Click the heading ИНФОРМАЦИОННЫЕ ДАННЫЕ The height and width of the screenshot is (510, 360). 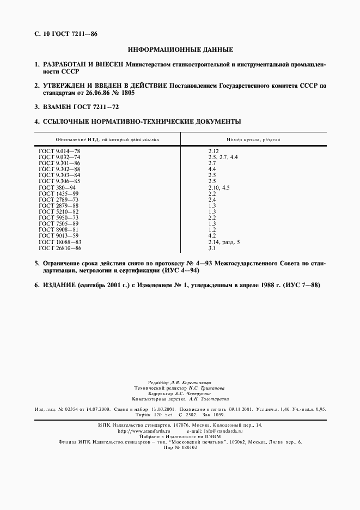click(180, 50)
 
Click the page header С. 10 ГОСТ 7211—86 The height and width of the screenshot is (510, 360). click(66, 34)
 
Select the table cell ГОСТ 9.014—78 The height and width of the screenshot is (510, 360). click(60, 150)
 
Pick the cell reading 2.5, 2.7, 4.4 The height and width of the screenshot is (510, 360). click(223, 156)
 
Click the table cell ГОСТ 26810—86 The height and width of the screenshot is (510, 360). click(60, 248)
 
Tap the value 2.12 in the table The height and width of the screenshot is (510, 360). click(213, 150)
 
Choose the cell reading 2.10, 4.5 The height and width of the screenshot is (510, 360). click(219, 187)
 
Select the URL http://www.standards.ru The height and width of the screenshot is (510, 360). click(144, 430)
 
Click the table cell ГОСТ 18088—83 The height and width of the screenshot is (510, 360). click(60, 241)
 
